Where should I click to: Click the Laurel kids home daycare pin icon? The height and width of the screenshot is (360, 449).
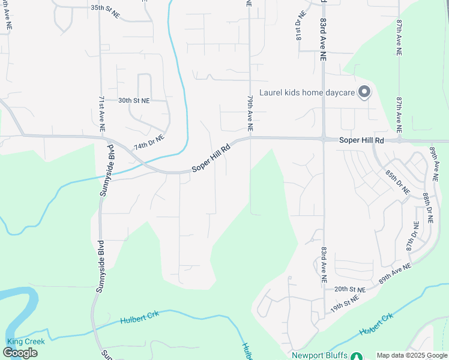coord(364,92)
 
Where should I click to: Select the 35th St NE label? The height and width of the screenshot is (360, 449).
coord(104,8)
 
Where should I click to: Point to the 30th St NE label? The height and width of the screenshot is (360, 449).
coord(134,100)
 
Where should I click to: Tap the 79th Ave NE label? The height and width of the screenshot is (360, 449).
coord(250,112)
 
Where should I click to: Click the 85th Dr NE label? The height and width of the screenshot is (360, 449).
coord(397,182)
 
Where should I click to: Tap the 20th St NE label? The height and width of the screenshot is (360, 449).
coord(350,288)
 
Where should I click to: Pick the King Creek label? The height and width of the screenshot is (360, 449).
coord(25,341)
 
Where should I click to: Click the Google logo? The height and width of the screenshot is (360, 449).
coord(20,353)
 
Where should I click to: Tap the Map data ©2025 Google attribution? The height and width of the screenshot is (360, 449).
coord(412,355)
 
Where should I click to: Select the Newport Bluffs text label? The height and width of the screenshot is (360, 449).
coord(319,355)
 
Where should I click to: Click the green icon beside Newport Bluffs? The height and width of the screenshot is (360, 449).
coord(357,356)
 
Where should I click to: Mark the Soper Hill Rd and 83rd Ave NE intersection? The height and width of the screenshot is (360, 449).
coord(324,139)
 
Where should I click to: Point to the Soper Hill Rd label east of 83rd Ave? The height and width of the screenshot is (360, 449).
coord(361,140)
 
